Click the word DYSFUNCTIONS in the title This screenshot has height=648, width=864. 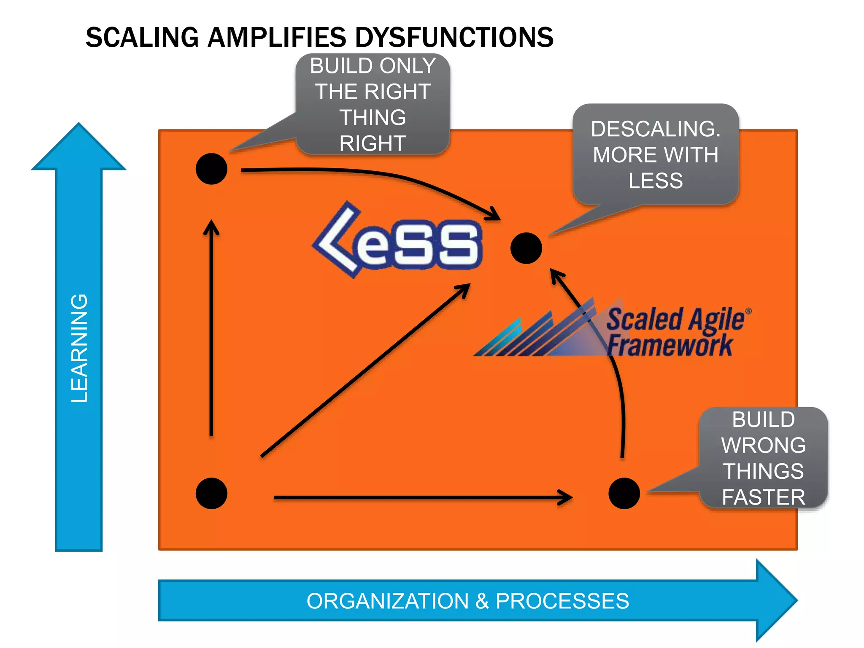tap(454, 37)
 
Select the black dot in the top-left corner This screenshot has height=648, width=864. tap(211, 169)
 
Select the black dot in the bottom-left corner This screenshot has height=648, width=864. tap(211, 493)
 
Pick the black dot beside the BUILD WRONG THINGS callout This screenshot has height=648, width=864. tap(624, 493)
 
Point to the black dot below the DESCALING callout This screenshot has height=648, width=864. tap(526, 248)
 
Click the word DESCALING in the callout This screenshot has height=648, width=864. tap(656, 129)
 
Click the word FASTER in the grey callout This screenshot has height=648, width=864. tap(763, 497)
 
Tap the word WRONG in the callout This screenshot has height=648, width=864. tap(763, 445)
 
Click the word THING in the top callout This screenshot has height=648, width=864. tap(373, 117)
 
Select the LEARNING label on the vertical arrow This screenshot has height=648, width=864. tap(79, 348)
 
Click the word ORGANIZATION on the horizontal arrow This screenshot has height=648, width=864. tap(387, 601)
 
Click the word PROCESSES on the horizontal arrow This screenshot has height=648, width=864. tap(562, 601)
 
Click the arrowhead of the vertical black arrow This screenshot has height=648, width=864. tap(211, 226)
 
